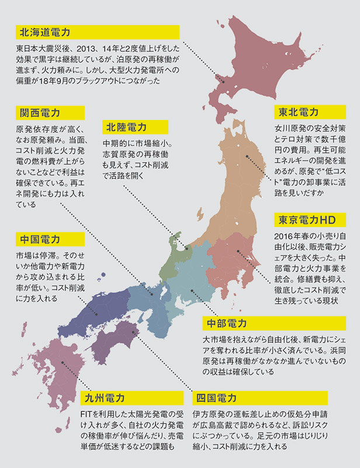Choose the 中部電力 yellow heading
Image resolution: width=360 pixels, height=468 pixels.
[x=228, y=324]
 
